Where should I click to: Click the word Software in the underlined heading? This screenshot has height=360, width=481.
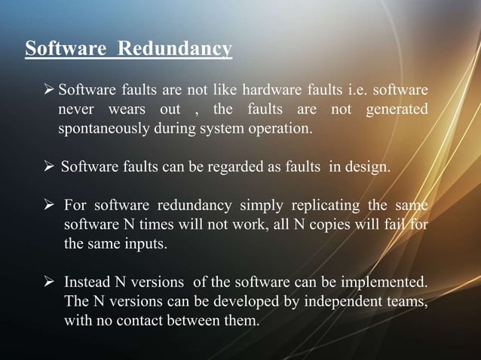62,50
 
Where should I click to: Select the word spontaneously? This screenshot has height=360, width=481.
106,129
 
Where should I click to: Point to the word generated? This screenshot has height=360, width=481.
397,111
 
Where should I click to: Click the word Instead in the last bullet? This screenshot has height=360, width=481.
86,283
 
